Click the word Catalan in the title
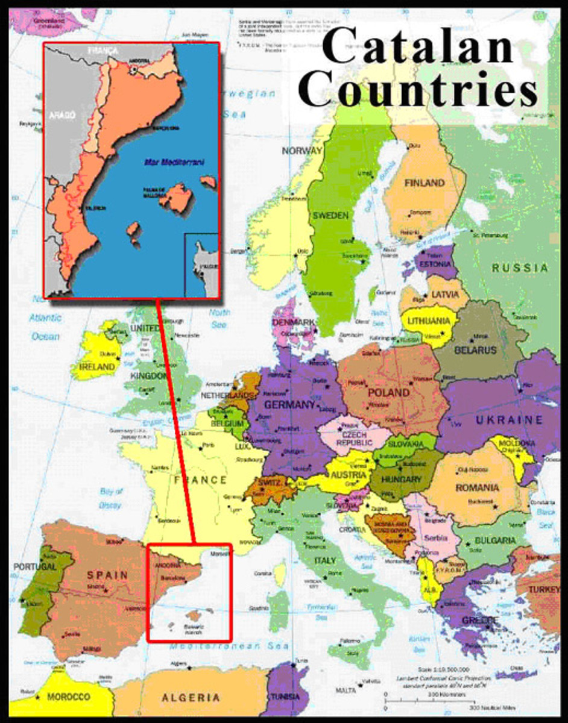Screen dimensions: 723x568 (x=417, y=46)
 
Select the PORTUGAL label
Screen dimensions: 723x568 (x=35, y=567)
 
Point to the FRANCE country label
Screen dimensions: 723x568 (x=200, y=480)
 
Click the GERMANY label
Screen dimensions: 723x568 (x=289, y=404)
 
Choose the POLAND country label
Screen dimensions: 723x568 (x=389, y=392)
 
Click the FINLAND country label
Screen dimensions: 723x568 (x=424, y=183)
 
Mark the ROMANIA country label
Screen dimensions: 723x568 (x=478, y=487)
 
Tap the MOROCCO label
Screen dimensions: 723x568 (x=69, y=697)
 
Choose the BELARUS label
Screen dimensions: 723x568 (x=476, y=350)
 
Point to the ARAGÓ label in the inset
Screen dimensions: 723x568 (x=62, y=116)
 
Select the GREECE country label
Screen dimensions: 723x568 (x=480, y=620)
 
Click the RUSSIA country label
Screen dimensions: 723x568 (x=520, y=268)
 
